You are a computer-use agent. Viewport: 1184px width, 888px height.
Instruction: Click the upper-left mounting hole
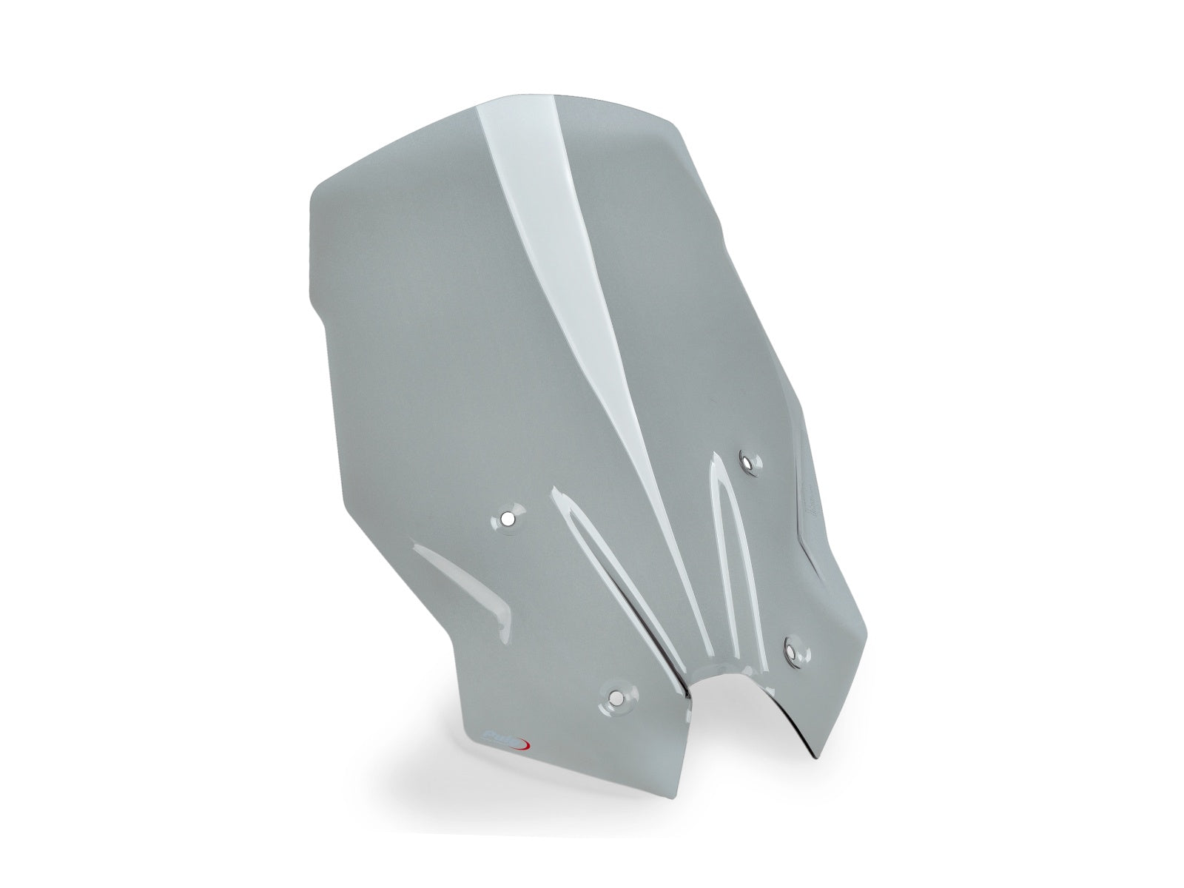pos(506,518)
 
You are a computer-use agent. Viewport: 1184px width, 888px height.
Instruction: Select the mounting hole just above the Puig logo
pos(616,696)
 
